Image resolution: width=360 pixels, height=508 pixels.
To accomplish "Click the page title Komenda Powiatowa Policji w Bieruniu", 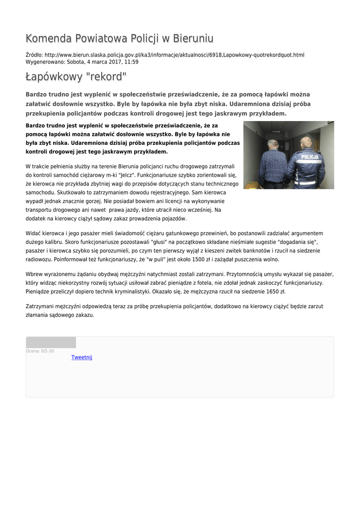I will point(119,39).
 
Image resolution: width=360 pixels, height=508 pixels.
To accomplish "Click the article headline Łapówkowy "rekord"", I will point(76,77).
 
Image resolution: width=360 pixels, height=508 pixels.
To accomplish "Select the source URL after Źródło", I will point(174,55).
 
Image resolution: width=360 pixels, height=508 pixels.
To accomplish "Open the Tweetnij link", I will point(82,358).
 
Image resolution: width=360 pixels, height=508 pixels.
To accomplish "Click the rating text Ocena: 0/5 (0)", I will point(40,351).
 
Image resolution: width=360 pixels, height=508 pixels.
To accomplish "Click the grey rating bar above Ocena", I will point(51,342).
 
